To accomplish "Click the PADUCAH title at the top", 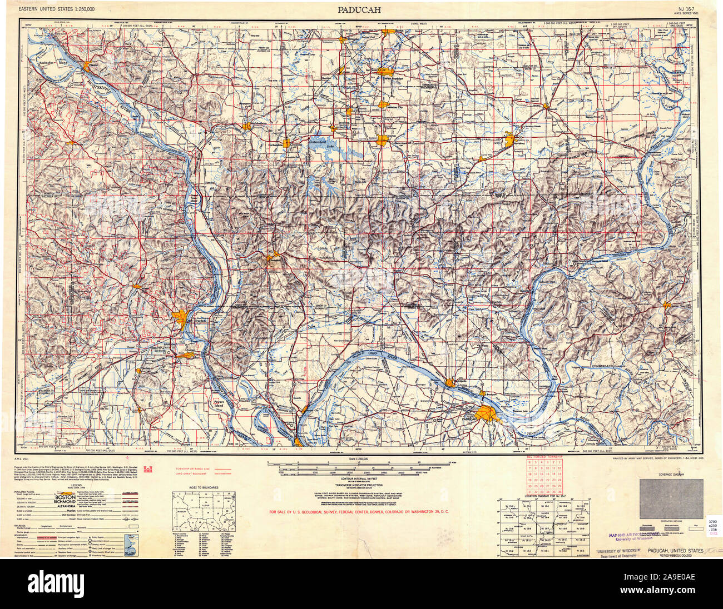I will (361, 9).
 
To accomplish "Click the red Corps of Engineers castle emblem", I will (148, 470).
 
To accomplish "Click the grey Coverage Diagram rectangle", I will (670, 499).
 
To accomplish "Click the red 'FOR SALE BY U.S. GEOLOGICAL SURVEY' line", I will (359, 512).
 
